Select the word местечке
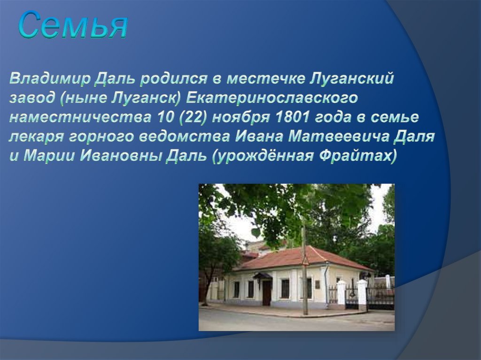click(266, 79)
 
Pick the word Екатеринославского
click(272, 98)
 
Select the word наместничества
click(80, 117)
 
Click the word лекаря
click(36, 137)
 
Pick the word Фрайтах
click(358, 156)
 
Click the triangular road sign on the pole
click(305, 261)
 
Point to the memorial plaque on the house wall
click(318, 284)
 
